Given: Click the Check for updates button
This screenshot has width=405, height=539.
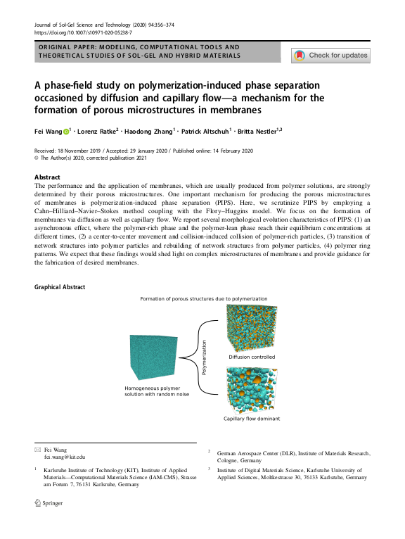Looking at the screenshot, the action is (x=330, y=55).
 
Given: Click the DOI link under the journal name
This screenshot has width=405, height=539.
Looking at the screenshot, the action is (x=83, y=32).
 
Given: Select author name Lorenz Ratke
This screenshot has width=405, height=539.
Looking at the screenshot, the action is (x=97, y=131).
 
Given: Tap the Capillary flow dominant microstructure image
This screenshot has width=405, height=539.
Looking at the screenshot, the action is (x=251, y=390).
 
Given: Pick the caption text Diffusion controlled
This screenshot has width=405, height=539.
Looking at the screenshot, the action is (x=252, y=357).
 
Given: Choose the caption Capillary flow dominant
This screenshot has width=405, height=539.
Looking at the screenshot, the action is (x=252, y=419).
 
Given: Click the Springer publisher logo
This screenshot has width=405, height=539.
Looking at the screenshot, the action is (x=49, y=504).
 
